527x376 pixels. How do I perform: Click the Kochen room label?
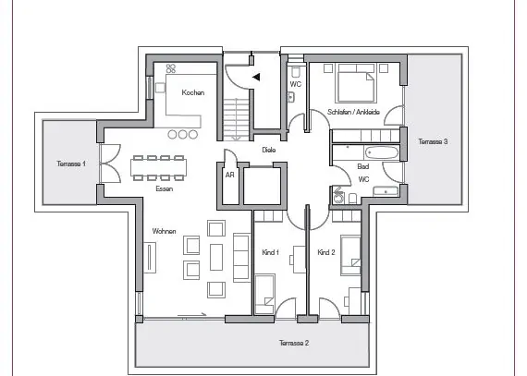tap(193, 92)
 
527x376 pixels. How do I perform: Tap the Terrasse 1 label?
tap(71, 164)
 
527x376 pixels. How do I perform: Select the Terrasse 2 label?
tap(294, 343)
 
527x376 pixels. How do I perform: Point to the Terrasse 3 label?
tap(433, 141)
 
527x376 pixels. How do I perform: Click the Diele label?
tap(269, 150)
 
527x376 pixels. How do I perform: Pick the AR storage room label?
tap(230, 175)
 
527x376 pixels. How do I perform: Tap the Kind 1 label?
tap(270, 252)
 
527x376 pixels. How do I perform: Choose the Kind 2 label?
tap(326, 252)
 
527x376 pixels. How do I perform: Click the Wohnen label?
tap(164, 231)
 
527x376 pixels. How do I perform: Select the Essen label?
tap(165, 188)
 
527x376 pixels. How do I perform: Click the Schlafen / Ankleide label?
tap(353, 112)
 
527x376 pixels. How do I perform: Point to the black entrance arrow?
tap(256, 78)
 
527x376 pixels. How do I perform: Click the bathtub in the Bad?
tap(382, 153)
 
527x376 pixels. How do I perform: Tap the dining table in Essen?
tap(158, 167)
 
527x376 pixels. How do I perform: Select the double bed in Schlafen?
tap(356, 82)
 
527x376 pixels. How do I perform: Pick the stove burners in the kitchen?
tap(171, 68)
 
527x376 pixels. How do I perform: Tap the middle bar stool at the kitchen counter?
tap(182, 135)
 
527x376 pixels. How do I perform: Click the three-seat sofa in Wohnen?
tap(241, 257)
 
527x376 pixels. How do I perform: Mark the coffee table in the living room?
tap(216, 257)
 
